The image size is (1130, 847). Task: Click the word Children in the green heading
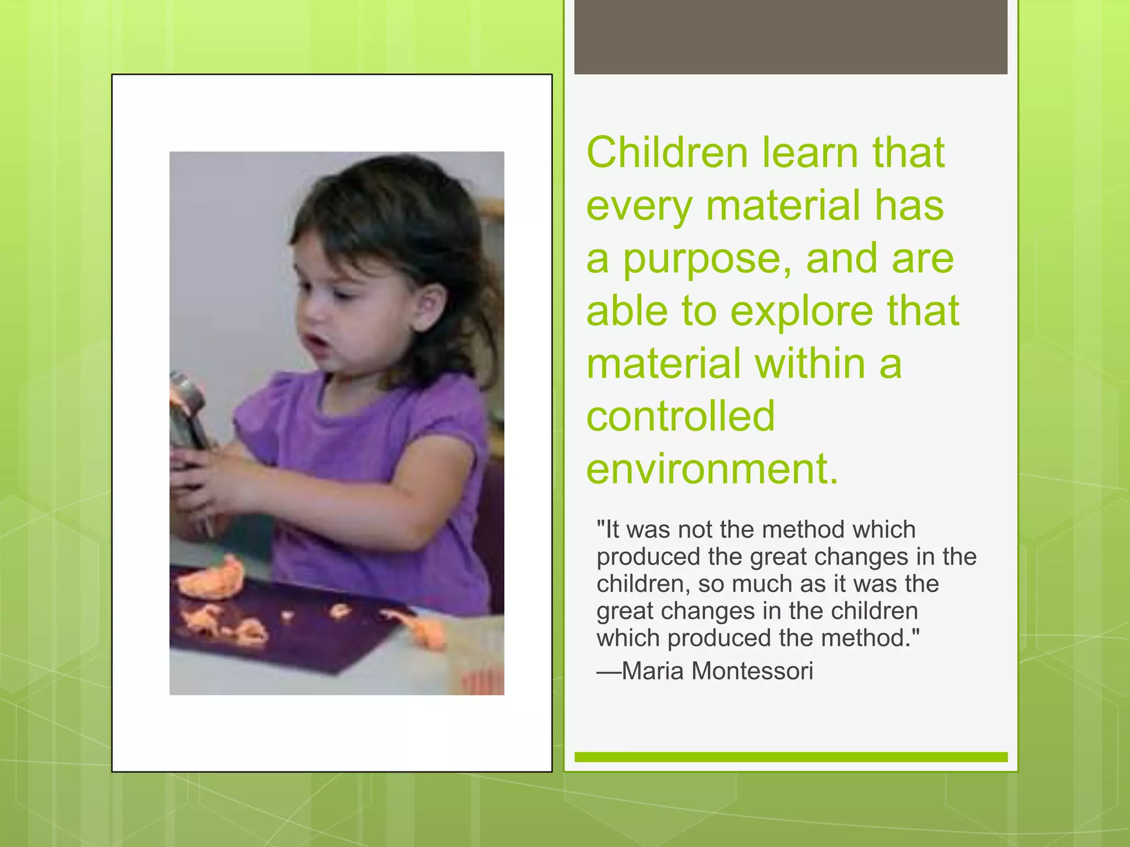666,153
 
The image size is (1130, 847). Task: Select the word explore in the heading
802,312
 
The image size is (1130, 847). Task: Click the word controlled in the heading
680,416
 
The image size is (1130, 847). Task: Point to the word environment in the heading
712,469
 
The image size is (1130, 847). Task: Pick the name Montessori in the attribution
752,671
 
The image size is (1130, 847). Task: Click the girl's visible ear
431,307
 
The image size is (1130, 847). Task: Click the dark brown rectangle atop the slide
790,37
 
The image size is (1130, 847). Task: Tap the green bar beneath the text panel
790,757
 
